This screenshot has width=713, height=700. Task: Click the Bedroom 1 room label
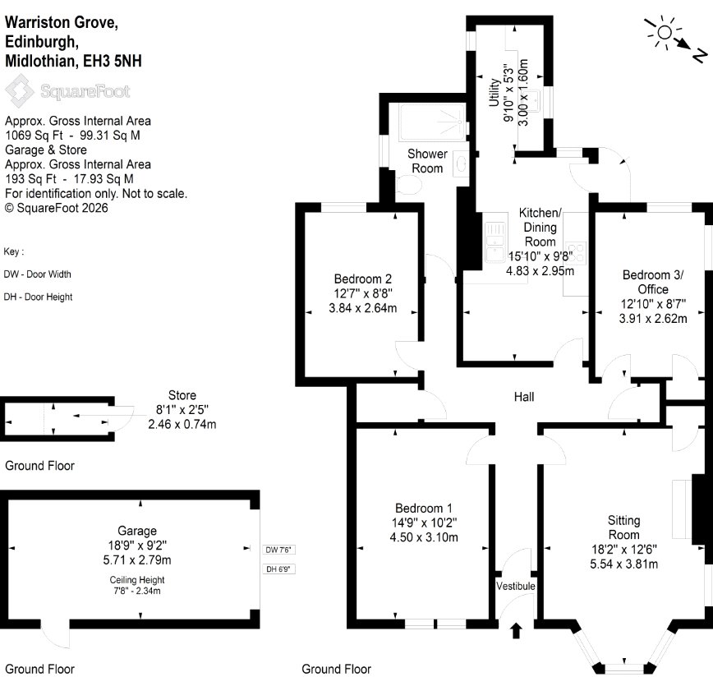[x=423, y=508]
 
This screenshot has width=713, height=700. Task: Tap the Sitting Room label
[x=624, y=527]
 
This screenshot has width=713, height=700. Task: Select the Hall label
[x=524, y=397]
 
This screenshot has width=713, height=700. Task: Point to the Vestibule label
[x=516, y=586]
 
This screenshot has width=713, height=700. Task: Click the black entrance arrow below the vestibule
[x=516, y=631]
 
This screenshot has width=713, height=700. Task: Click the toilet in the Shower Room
[x=409, y=185]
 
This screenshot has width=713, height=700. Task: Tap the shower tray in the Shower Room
[x=432, y=122]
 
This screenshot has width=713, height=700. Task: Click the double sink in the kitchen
[x=495, y=242]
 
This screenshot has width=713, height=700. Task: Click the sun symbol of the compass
[x=665, y=33]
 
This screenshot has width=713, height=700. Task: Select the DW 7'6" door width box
[x=278, y=550]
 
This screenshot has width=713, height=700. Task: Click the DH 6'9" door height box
[x=278, y=569]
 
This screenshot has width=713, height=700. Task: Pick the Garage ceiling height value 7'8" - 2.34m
[x=137, y=591]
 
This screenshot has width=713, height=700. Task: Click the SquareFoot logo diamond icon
[x=19, y=91]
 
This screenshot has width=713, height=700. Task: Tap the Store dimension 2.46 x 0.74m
[x=182, y=424]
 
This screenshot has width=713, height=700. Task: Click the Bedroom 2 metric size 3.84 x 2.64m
[x=363, y=308]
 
